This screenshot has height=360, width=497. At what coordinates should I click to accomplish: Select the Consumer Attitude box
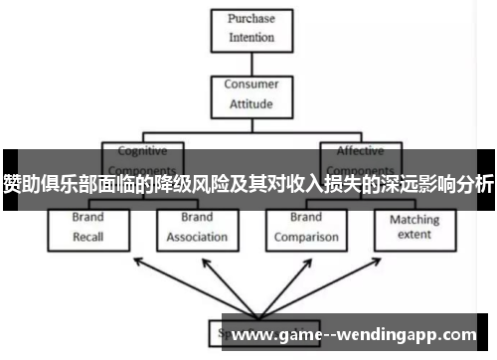click(x=251, y=92)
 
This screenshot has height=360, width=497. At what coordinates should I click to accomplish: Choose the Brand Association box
click(x=197, y=227)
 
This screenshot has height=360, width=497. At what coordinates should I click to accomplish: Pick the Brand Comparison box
click(x=307, y=227)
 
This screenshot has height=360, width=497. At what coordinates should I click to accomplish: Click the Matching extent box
click(x=414, y=227)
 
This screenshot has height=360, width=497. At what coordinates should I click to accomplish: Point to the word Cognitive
click(x=142, y=151)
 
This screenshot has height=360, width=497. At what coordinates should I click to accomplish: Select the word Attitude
click(x=251, y=102)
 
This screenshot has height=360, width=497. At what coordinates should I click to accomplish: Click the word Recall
click(x=87, y=238)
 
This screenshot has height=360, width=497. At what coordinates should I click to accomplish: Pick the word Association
click(x=197, y=238)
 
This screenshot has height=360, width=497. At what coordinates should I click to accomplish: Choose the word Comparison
click(x=307, y=238)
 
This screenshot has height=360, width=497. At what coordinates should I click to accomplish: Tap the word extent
click(x=414, y=236)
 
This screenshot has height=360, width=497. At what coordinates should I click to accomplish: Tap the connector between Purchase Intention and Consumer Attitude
click(x=250, y=62)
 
